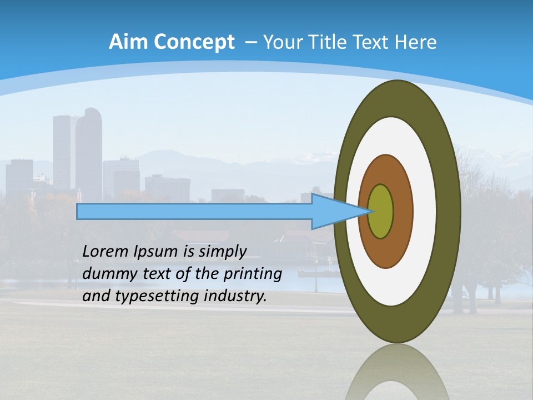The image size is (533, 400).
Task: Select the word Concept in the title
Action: (194, 42)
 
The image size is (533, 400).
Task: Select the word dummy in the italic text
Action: (105, 274)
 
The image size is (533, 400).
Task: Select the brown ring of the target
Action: (403, 211)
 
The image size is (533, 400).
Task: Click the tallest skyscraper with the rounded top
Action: (89, 150)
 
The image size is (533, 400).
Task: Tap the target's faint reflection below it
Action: (397, 375)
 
